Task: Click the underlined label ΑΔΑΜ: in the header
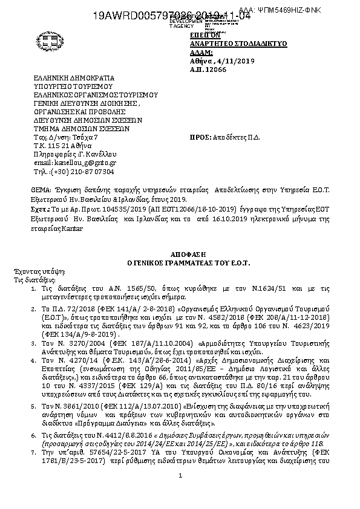(x=199, y=53)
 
